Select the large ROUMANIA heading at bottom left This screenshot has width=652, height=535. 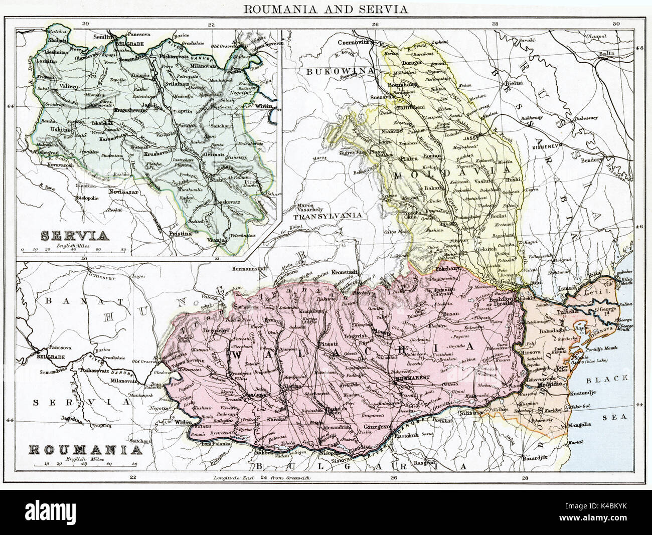click(x=83, y=449)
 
